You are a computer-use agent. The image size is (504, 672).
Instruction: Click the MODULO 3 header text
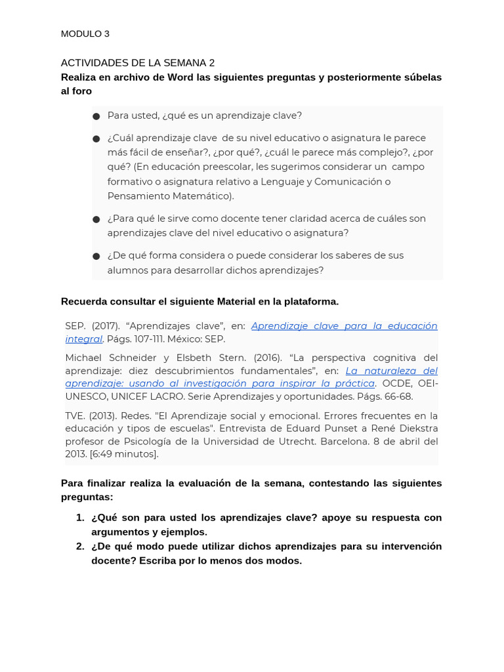tap(85, 34)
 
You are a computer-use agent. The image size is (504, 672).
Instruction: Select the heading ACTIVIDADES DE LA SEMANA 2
tap(138, 63)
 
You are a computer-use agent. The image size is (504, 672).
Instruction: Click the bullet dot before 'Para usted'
tap(96, 116)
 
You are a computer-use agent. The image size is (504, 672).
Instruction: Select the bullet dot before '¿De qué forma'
tap(96, 256)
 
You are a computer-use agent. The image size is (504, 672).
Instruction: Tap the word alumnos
tap(127, 270)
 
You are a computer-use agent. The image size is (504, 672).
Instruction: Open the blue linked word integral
tap(83, 339)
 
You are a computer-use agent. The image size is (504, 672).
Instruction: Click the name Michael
tap(85, 358)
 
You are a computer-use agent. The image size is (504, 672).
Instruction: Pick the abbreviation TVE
tap(75, 415)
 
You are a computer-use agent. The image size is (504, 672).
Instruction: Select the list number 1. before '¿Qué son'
tap(80, 518)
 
